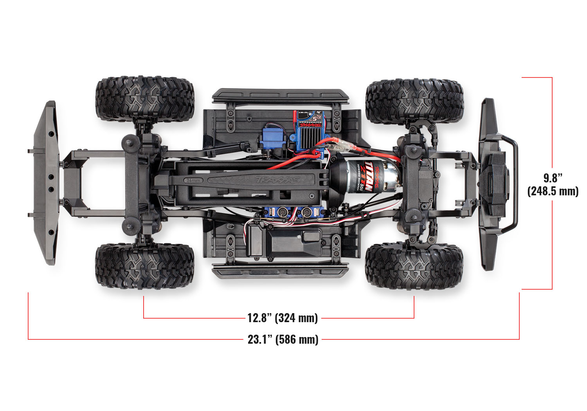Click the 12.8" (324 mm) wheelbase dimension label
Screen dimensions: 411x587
click(282, 317)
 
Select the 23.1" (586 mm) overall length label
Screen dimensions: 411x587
click(283, 339)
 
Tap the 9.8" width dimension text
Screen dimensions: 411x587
click(553, 178)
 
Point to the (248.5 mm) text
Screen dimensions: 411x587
click(553, 191)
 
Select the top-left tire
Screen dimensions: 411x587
click(145, 99)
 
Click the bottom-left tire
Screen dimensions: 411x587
click(145, 266)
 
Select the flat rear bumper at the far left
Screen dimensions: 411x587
click(46, 183)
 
